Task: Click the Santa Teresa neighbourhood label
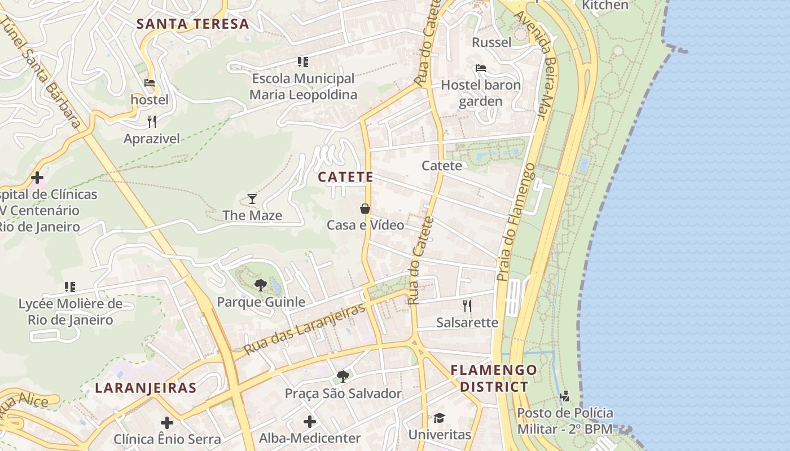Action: point(192,24)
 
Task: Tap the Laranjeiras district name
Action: point(146,388)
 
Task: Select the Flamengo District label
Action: point(494,378)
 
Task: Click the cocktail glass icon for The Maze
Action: point(252,198)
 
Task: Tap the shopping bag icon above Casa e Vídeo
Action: point(365,209)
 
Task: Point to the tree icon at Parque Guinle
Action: point(260,285)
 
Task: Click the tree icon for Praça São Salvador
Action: point(343,376)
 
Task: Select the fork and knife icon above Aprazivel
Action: point(151,121)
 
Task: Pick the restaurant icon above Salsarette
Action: point(467,306)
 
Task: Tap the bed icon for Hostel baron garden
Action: point(481,68)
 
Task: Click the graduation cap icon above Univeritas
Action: point(439,418)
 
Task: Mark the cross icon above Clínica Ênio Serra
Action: point(167,422)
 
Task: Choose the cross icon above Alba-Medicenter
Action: point(309,421)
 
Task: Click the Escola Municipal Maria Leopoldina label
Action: point(303,86)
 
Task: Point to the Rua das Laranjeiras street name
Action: point(305,330)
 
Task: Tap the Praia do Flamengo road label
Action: point(516,223)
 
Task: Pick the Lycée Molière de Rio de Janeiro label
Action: point(70,312)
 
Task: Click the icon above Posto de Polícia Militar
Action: point(564,396)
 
